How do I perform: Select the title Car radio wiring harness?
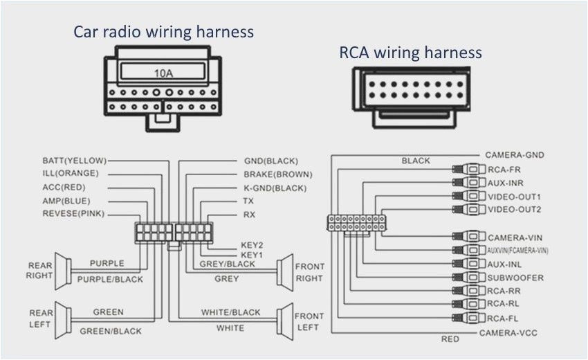(x=164, y=31)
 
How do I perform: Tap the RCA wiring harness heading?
(x=410, y=53)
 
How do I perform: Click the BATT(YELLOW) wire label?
(x=74, y=160)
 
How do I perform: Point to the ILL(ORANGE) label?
(x=71, y=173)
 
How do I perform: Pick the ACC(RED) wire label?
(x=64, y=187)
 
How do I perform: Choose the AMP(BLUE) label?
(x=66, y=200)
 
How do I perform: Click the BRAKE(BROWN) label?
(x=277, y=174)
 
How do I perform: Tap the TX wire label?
(x=248, y=201)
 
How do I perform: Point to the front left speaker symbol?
(x=284, y=320)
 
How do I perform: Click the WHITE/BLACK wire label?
(x=230, y=312)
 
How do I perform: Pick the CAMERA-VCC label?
(x=508, y=333)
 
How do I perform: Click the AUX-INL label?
(x=505, y=264)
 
